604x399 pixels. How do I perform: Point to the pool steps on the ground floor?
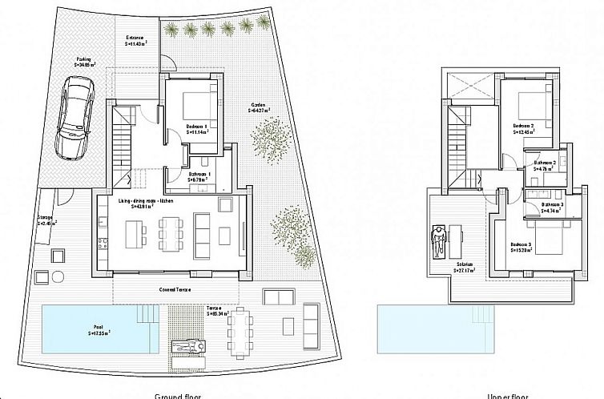tap(148, 313)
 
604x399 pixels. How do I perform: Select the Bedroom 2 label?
tap(525, 127)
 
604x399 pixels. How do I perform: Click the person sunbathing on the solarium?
tap(438, 240)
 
